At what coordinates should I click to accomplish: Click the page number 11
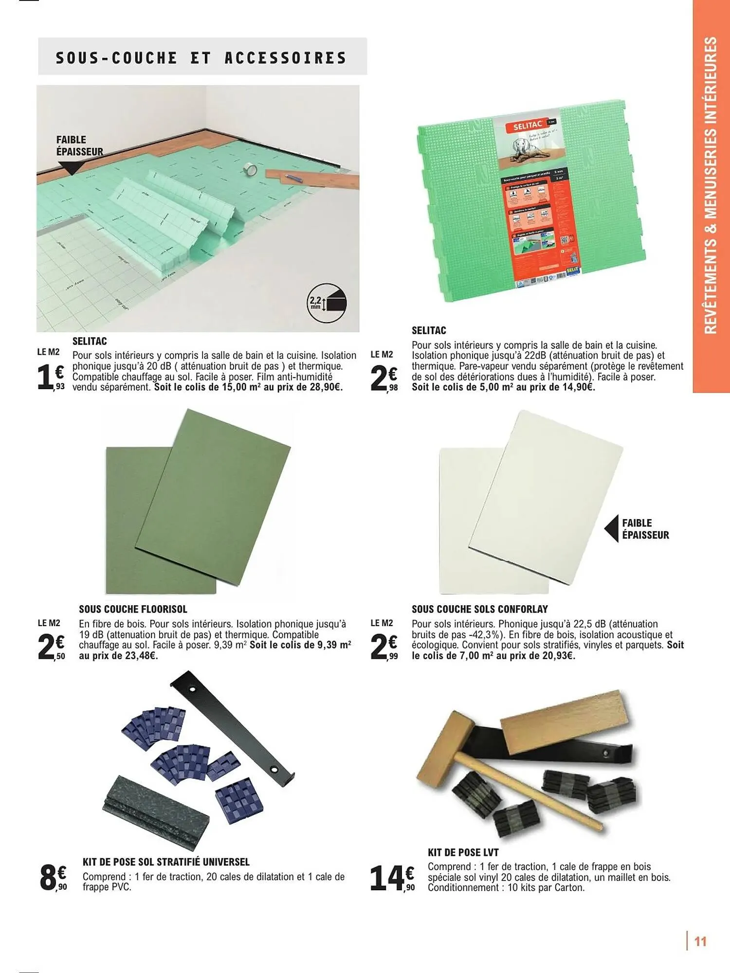[700, 941]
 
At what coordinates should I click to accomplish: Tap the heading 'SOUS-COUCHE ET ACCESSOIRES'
[201, 58]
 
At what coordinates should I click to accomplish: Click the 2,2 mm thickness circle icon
[327, 303]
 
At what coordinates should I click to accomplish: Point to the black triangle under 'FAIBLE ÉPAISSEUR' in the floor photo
[72, 167]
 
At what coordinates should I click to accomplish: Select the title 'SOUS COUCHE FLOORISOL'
[133, 609]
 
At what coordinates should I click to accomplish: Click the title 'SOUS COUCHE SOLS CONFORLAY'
[479, 609]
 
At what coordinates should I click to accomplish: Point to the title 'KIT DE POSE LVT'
[463, 852]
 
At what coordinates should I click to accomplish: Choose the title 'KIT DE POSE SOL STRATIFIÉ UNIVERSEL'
[166, 862]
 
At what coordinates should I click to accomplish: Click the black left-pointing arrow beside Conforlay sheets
[611, 529]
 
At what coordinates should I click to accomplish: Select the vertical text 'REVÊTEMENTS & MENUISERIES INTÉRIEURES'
[711, 185]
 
